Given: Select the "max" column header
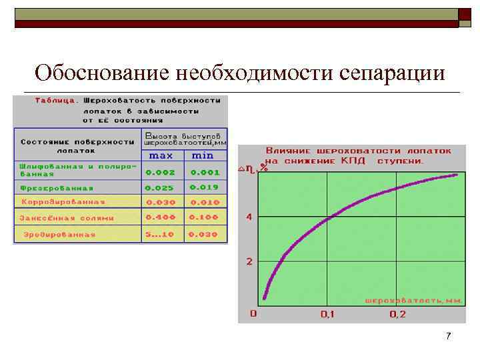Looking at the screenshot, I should (161, 155).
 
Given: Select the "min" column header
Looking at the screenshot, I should (203, 155).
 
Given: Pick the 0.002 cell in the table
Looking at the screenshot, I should (160, 171).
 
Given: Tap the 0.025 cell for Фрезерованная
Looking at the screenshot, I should (160, 187).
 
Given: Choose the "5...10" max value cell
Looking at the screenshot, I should (160, 234).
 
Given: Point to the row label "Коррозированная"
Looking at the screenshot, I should (63, 202).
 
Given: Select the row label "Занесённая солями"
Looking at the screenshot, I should (67, 217).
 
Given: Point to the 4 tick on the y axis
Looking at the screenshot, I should (249, 217).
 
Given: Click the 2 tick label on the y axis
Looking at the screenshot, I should (249, 261).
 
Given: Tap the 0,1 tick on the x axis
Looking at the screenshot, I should (327, 314).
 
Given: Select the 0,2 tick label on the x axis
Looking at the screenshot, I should (397, 314).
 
